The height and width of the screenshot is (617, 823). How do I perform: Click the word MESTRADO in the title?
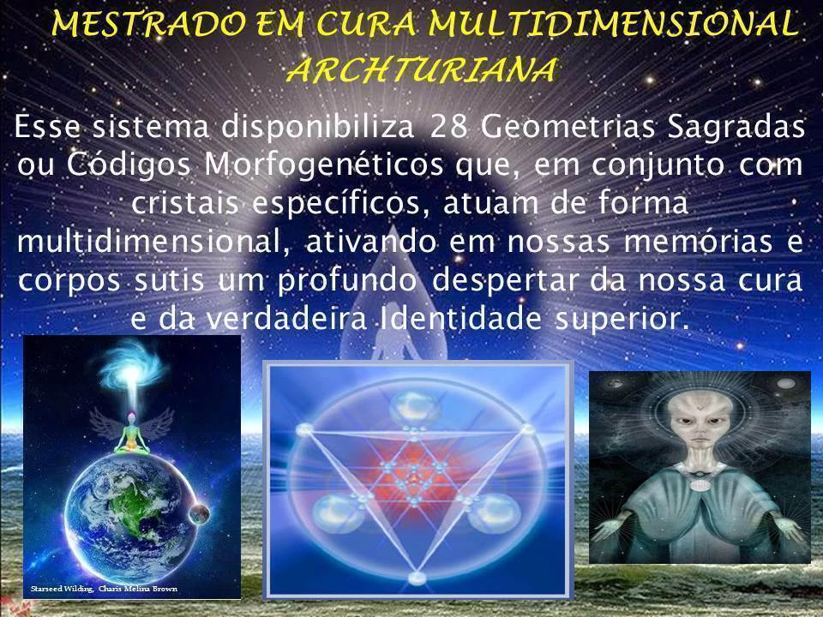pos(148,24)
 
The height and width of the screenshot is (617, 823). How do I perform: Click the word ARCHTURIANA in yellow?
pos(422,70)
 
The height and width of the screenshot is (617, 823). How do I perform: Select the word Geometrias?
pos(568,128)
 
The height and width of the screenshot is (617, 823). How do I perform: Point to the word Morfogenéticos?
pos(323,165)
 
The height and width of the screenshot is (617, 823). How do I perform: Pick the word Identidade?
pos(460,318)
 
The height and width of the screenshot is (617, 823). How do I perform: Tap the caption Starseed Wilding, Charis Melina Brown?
pos(104,589)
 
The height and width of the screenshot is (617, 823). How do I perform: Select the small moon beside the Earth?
pos(200,513)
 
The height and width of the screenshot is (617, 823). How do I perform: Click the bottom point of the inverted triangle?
pos(417,578)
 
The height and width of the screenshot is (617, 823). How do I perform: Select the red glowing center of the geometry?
pos(415,477)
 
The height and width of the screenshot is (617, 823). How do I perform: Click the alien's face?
pos(700,420)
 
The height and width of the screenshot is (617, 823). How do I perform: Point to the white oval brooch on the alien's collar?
pos(700,485)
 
